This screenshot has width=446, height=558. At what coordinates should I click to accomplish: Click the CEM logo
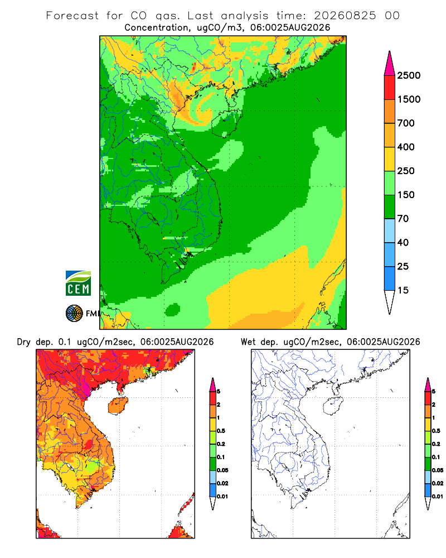point(78,283)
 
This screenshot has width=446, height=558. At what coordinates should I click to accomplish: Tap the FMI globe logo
point(74,314)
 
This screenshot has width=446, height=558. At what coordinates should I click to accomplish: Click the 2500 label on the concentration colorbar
point(409,75)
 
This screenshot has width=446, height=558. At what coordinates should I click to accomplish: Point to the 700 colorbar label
point(406,123)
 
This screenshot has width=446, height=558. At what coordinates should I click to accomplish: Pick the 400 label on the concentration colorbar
point(406,147)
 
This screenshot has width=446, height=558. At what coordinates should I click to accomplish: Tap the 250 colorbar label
point(406,171)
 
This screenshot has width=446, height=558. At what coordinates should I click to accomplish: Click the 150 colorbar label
point(406,195)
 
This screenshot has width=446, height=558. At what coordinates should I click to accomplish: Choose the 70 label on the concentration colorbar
point(403,219)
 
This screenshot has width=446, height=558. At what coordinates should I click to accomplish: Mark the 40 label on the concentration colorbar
point(403,242)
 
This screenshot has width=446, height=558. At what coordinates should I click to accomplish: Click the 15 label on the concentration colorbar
point(403,290)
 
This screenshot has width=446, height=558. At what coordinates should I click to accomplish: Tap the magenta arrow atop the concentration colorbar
point(390,64)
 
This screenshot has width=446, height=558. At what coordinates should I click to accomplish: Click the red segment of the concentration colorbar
point(390,88)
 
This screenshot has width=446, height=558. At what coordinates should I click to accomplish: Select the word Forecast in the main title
point(72,16)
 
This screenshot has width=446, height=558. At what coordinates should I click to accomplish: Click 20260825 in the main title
point(345,16)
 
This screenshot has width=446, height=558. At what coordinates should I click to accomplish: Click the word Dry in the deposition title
point(24,342)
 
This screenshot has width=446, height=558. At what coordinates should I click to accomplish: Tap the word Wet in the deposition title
point(248,342)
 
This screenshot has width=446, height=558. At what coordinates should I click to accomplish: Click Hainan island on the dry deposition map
point(118,406)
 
